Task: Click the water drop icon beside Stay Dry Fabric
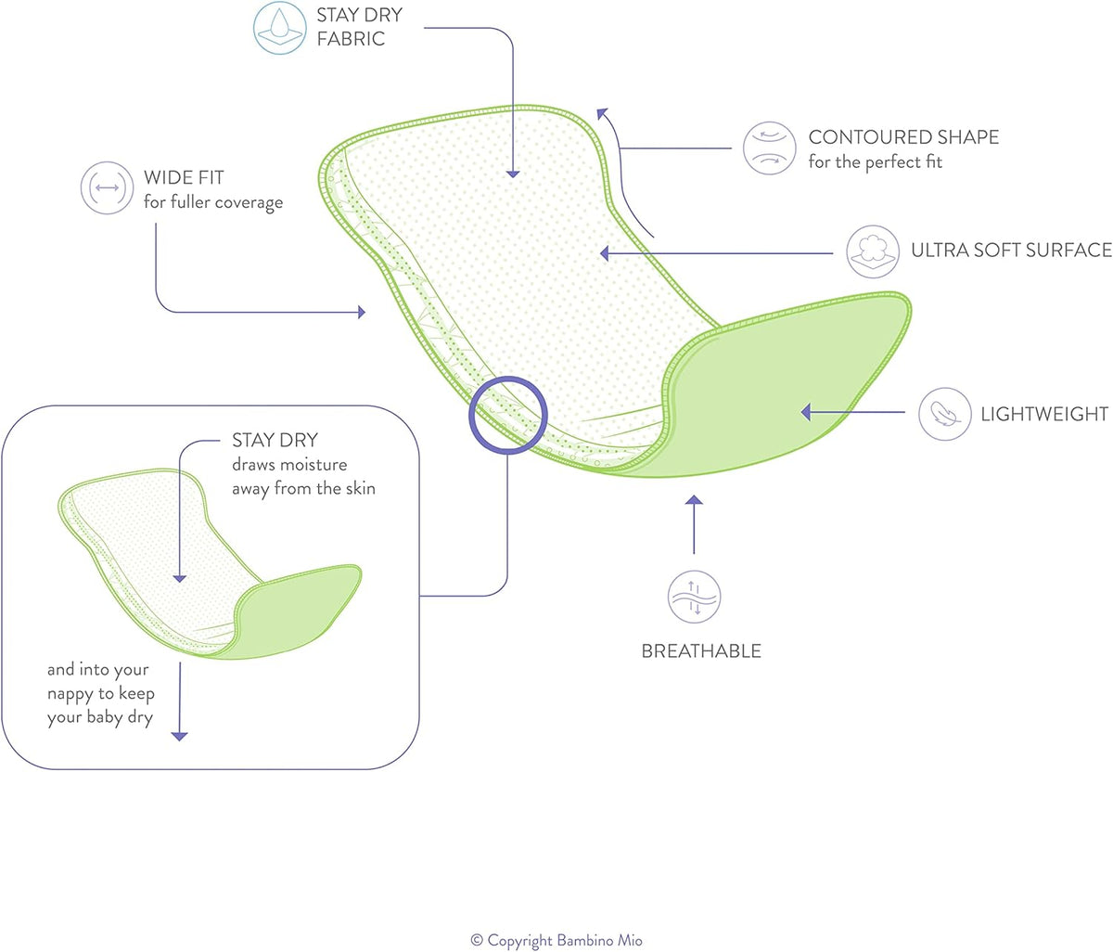[279, 28]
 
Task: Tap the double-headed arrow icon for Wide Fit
[107, 188]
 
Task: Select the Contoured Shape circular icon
[769, 148]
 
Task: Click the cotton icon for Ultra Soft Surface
[873, 251]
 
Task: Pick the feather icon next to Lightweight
[944, 414]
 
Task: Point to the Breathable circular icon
[694, 597]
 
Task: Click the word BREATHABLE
[701, 651]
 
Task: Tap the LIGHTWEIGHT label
[1044, 415]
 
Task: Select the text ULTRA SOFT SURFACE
[1011, 251]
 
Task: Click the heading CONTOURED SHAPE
[903, 137]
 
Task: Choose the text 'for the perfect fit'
[875, 162]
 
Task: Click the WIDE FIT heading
[184, 177]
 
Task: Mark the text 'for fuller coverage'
[213, 202]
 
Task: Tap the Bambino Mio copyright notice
[556, 941]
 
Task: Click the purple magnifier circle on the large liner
[508, 415]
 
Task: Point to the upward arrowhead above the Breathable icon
[694, 501]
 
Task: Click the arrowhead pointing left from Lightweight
[806, 412]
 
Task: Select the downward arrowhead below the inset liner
[180, 736]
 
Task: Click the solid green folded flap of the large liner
[788, 390]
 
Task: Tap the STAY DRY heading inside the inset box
[275, 440]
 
